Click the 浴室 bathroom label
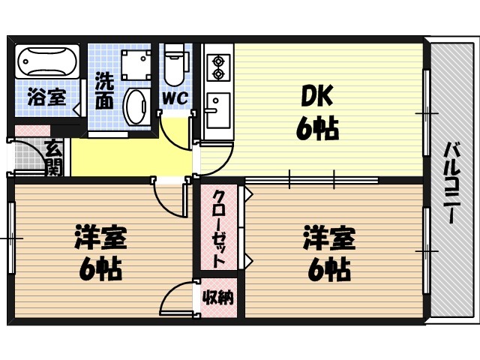pos(46,96)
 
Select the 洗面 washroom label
pos(104,90)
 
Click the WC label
pos(175,97)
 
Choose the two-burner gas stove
pos(217,66)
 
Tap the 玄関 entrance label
pos(52,158)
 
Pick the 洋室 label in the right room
pos(328,239)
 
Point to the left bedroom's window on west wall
pos(11,238)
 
